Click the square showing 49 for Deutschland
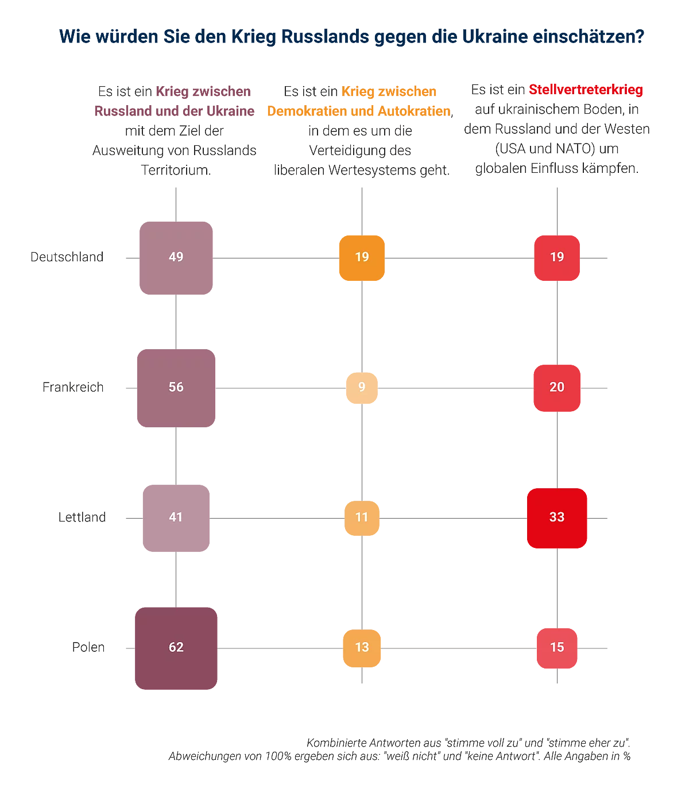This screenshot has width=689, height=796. click(x=176, y=258)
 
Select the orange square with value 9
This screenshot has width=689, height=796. click(x=362, y=388)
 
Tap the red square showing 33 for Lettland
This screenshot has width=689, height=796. click(x=557, y=518)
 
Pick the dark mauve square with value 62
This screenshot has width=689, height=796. click(x=176, y=648)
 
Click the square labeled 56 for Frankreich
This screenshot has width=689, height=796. click(x=176, y=388)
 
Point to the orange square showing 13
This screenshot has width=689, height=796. click(x=362, y=648)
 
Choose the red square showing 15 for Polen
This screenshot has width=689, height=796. click(x=557, y=648)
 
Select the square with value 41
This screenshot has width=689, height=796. click(x=176, y=518)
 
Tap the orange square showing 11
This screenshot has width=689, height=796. click(x=362, y=518)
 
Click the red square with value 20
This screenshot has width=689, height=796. click(x=557, y=388)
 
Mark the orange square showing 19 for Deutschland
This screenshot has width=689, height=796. click(x=362, y=258)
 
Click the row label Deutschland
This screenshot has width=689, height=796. click(x=67, y=257)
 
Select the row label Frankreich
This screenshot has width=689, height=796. click(x=73, y=387)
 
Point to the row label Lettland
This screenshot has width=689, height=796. click(x=82, y=517)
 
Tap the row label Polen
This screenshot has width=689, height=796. click(x=88, y=647)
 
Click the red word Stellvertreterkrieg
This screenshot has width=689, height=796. click(x=586, y=90)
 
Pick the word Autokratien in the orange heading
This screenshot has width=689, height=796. click(x=414, y=111)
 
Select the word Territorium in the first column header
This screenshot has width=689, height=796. click(x=175, y=170)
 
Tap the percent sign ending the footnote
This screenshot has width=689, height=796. click(x=626, y=756)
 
